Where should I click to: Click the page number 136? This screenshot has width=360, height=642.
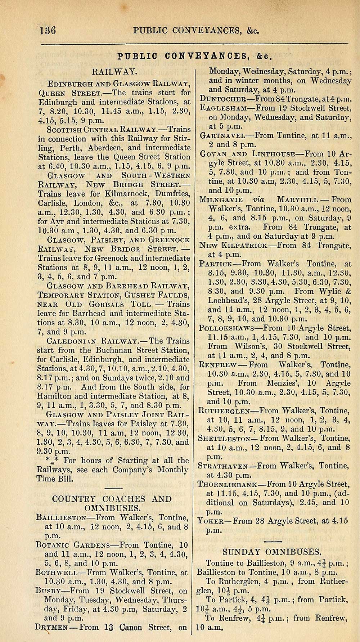tap(48, 30)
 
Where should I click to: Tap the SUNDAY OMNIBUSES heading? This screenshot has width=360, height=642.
tap(272, 552)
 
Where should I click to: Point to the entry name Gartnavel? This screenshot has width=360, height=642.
tap(222, 136)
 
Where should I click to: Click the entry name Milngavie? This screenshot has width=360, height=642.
tap(221, 200)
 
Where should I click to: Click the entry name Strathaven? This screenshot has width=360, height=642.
tap(226, 466)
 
